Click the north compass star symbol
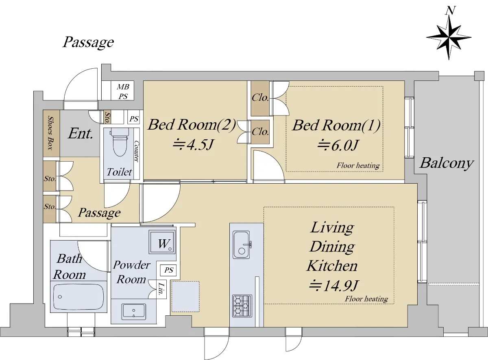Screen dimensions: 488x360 [449, 38]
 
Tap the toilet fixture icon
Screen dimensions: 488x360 [120, 142]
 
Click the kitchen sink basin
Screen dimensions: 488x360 [242, 245]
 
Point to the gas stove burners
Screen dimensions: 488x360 [242, 306]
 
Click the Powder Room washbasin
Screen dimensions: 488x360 [134, 312]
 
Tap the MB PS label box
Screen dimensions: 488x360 [122, 91]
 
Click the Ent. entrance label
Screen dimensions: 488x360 [80, 134]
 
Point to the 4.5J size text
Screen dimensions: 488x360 [193, 145]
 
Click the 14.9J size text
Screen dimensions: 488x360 [334, 285]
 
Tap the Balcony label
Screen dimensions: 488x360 [447, 163]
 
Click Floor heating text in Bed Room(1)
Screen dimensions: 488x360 [358, 165]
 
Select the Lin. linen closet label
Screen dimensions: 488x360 [161, 289]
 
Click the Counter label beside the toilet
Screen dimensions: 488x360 [136, 151]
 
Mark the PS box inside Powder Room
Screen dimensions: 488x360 [168, 270]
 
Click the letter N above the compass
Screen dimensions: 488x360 [450, 10]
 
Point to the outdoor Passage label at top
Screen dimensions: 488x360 [88, 42]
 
